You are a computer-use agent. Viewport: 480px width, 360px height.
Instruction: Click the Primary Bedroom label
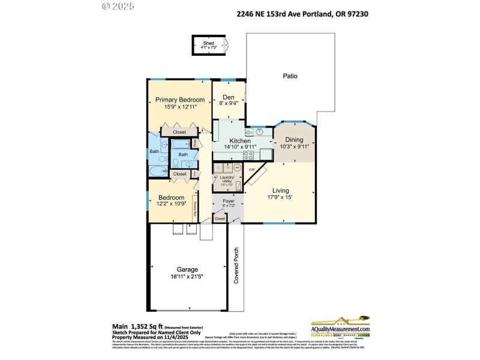(x=180, y=100)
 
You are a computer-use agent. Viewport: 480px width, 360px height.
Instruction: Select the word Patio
(x=290, y=76)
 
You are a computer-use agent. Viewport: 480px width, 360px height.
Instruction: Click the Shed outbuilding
(x=209, y=45)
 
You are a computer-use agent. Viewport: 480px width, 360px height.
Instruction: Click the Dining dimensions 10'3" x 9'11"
(x=294, y=146)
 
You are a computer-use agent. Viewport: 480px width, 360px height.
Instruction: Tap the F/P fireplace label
(x=252, y=170)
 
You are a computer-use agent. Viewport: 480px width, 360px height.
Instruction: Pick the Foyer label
(x=228, y=202)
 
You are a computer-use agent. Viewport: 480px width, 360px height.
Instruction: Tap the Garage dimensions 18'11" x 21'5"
(x=187, y=277)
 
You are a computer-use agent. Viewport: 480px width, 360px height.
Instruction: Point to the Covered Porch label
(x=236, y=266)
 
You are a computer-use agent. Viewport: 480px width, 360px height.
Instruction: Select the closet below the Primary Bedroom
(x=179, y=131)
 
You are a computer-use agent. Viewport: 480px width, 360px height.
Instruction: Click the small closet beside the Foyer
(x=220, y=219)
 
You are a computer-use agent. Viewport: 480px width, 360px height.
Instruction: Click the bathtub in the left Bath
(x=158, y=172)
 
